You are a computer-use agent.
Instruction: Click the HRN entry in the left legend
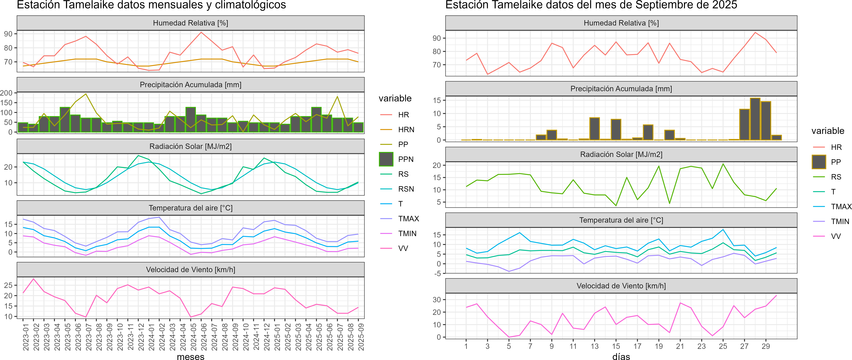[406, 130]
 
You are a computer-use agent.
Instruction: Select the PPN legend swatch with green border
[386, 159]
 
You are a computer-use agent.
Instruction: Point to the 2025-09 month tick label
[361, 337]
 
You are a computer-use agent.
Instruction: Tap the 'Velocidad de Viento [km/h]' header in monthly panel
[190, 270]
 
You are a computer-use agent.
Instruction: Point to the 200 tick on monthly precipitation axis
[7, 93]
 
